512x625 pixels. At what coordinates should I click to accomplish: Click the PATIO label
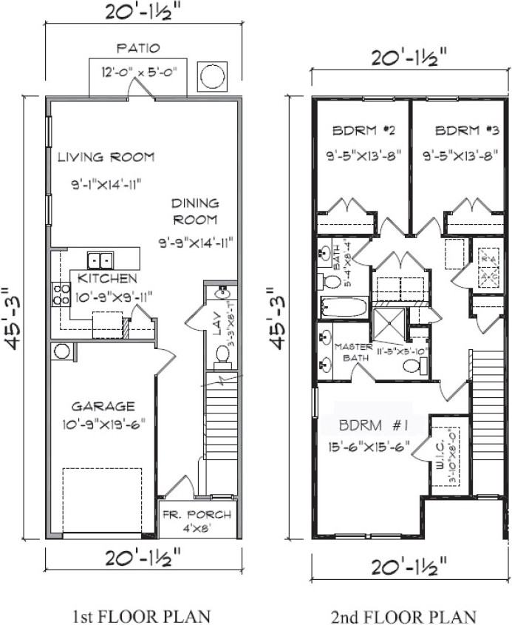coord(138,49)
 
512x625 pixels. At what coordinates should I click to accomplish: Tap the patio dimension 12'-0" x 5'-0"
coord(138,72)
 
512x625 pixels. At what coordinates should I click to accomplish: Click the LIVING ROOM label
coord(106,157)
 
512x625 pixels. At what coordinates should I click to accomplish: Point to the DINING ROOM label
coord(195,211)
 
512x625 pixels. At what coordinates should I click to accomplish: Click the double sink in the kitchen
coord(100,260)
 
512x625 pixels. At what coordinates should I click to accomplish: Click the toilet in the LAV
coord(222,355)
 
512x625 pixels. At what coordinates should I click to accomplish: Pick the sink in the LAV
coord(222,293)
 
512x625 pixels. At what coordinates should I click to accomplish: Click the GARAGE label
coord(103,406)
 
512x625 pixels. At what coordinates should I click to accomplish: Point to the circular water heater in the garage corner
coord(61,351)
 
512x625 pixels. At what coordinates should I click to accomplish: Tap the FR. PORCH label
coord(197,515)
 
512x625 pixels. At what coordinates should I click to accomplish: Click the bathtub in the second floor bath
coord(344,306)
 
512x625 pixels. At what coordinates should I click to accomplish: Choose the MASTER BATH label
coord(353,353)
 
